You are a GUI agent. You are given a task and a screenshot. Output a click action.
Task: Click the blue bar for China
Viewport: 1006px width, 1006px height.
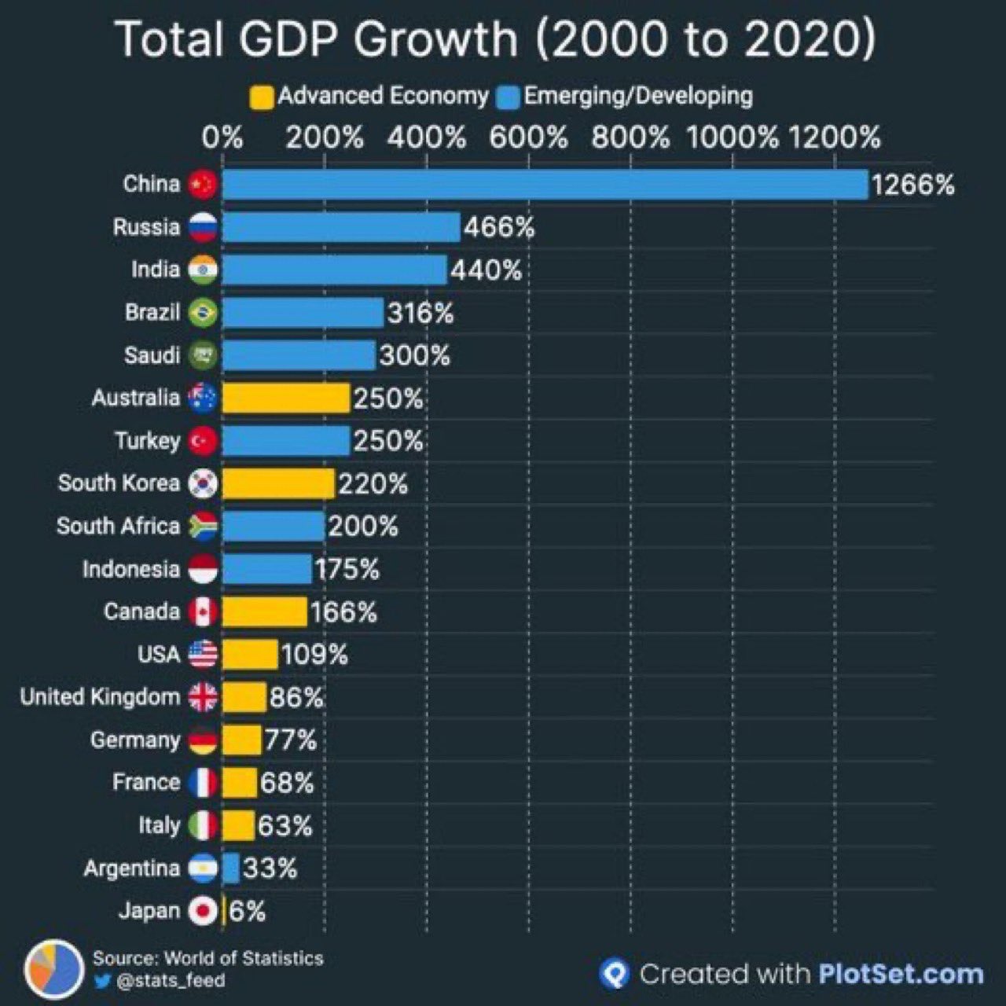[x=545, y=185]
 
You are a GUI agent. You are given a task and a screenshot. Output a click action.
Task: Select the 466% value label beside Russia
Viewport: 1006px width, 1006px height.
[x=499, y=228]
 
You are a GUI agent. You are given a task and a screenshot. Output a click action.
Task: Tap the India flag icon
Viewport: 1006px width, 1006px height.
[x=203, y=270]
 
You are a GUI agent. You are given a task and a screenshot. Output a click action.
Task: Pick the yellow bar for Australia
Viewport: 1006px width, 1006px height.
[x=285, y=398]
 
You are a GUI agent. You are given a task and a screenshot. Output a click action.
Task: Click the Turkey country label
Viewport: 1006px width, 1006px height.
[x=147, y=441]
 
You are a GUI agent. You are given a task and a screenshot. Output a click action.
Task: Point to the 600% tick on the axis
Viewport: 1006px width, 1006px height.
[x=528, y=138]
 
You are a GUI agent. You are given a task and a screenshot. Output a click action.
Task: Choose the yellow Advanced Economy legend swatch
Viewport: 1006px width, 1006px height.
[x=262, y=97]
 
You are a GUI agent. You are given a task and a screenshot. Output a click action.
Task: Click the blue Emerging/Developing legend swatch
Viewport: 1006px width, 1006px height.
[x=509, y=97]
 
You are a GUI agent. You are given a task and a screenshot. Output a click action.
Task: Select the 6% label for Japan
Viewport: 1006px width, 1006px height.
[x=247, y=912]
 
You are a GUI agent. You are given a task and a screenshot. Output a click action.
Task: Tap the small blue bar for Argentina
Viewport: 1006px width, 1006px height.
[x=230, y=868]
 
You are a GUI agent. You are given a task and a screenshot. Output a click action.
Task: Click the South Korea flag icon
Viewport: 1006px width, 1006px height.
[x=203, y=483]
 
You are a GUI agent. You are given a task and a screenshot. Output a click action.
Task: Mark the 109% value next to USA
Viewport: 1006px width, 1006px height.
[x=314, y=655]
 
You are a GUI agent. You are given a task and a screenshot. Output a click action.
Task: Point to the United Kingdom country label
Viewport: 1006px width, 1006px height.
[x=100, y=697]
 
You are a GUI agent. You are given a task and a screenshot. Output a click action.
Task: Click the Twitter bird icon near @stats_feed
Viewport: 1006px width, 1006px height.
[x=102, y=982]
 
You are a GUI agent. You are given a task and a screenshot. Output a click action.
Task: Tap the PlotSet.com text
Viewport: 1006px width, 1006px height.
[x=901, y=975]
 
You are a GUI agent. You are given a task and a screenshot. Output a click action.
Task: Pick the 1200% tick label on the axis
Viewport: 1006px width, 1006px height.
[x=835, y=138]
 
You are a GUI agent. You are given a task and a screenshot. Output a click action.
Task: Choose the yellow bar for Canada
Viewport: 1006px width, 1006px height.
[x=264, y=612]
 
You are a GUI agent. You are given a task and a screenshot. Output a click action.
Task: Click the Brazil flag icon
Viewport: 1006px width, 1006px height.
[x=203, y=313]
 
